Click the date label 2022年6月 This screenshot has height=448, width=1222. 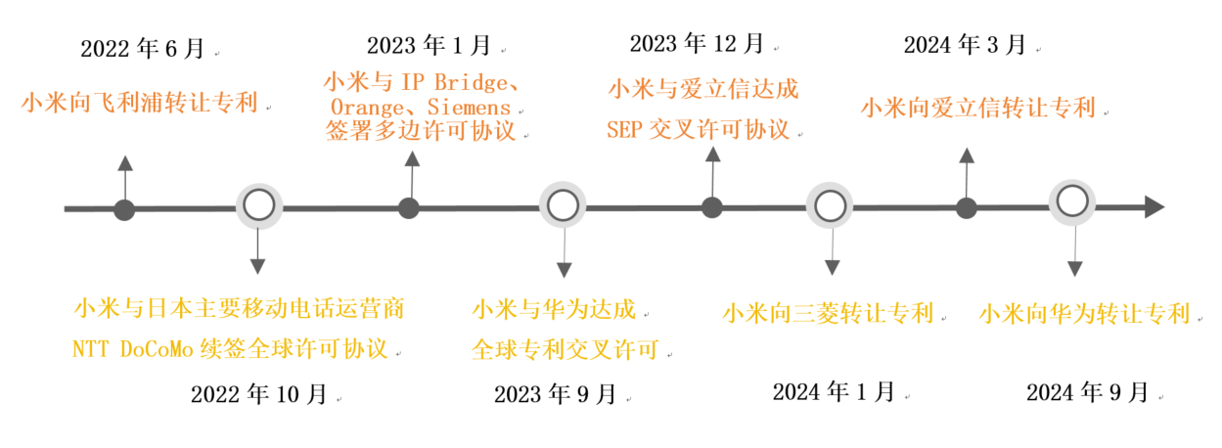143,48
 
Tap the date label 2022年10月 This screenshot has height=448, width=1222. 259,394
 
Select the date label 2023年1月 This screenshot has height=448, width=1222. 430,45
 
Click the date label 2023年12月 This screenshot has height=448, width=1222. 698,43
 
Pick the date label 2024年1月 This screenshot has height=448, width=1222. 834,392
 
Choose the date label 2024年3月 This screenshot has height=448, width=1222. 965,44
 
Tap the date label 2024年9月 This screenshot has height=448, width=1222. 1088,393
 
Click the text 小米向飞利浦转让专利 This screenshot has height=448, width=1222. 140,102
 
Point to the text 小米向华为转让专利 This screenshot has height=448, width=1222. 1084,314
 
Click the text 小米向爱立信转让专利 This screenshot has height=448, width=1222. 978,108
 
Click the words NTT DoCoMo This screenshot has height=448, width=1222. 142,348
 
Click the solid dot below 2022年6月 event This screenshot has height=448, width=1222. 124,209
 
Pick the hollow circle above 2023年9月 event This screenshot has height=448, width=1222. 562,205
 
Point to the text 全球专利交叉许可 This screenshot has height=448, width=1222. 565,349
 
